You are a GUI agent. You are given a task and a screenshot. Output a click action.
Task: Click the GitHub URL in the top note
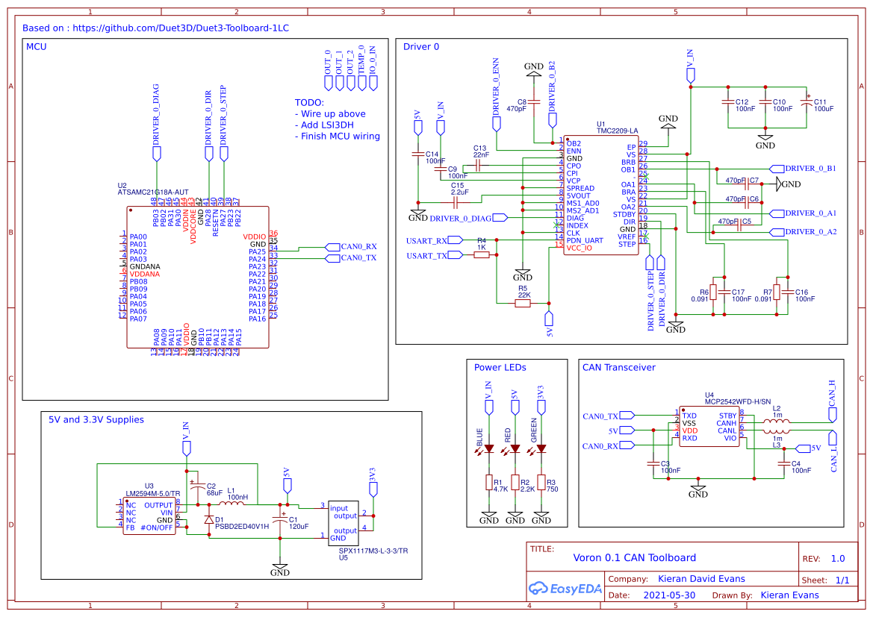tap(180, 28)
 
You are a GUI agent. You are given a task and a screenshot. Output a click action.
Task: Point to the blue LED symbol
tap(489, 449)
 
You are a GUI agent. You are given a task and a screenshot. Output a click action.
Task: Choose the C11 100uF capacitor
tap(804, 105)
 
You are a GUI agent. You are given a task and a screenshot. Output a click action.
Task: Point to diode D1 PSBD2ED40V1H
tap(209, 519)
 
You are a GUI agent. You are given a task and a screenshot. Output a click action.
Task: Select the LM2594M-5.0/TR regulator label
tap(152, 493)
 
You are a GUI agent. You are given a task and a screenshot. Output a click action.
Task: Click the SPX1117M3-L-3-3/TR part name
tap(373, 551)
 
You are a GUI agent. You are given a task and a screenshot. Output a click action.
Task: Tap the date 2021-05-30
tap(669, 595)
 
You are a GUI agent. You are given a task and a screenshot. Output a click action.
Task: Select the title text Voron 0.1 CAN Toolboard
tap(634, 557)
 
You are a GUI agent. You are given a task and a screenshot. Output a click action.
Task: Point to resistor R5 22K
tap(523, 303)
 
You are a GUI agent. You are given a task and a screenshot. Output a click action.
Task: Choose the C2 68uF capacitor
tap(196, 488)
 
